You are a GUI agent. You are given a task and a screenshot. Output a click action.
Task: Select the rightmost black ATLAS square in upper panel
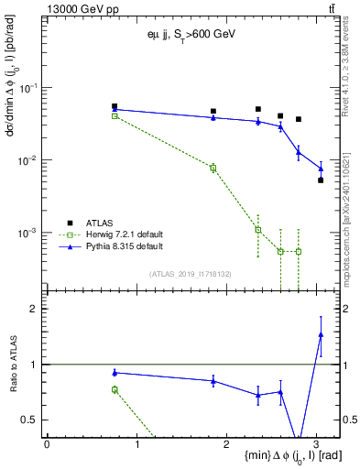coord(321,180)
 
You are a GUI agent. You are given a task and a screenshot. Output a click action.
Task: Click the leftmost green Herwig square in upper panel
coord(115,116)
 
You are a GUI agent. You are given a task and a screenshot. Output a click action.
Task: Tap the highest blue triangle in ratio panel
coord(321,334)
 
